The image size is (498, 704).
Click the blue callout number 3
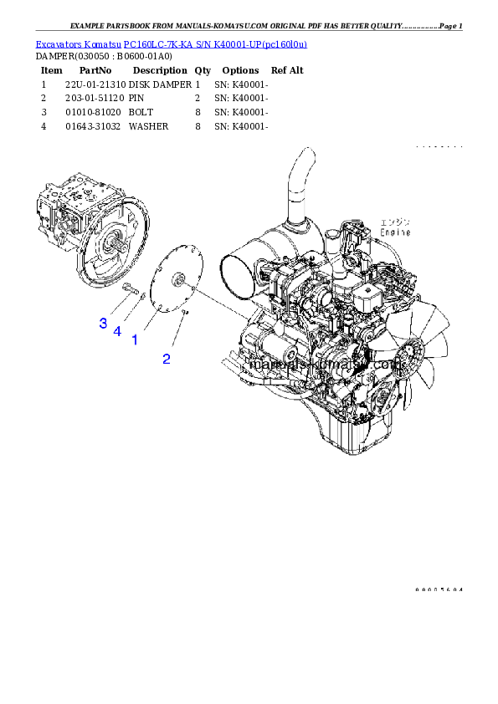(103, 322)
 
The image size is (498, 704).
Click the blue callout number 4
(117, 332)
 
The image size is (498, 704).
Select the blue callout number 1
(134, 341)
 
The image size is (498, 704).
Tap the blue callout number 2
(167, 359)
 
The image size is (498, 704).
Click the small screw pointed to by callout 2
(186, 314)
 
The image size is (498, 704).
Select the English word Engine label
(395, 232)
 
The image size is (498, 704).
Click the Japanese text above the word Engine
(395, 222)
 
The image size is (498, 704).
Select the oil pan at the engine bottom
(352, 435)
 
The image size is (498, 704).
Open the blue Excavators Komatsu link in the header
(171, 43)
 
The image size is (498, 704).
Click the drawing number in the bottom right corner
(439, 590)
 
